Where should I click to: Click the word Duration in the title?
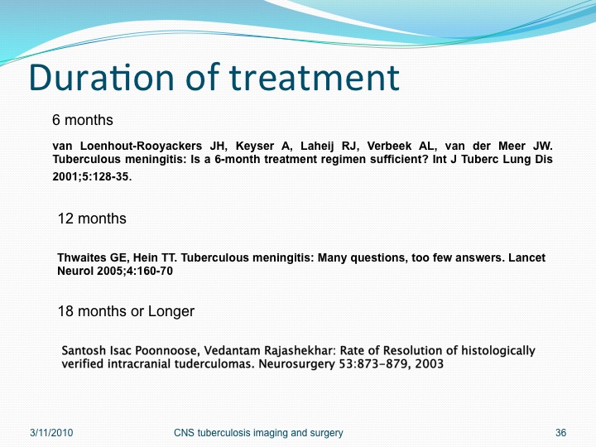tap(102, 78)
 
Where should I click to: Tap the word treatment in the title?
tap(314, 78)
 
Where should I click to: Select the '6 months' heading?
tap(83, 120)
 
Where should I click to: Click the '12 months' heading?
tap(92, 219)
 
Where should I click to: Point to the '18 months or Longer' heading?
tap(126, 311)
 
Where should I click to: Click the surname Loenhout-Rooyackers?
tap(141, 146)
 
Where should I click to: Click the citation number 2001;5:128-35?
tap(92, 177)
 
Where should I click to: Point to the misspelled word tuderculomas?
tap(214, 364)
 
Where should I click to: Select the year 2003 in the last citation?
tap(429, 364)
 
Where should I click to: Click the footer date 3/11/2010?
tap(51, 433)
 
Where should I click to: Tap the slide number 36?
tap(560, 433)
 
